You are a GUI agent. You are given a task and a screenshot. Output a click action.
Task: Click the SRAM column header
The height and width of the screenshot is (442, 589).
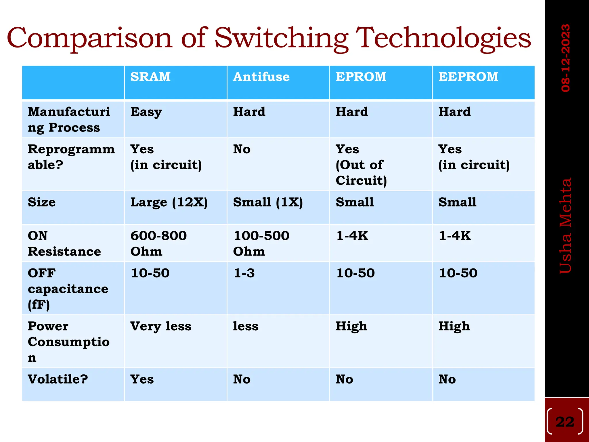pos(150,77)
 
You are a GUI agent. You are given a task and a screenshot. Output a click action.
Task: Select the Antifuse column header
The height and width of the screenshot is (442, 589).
pos(261,77)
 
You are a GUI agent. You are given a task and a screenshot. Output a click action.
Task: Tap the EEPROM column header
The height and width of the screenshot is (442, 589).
pos(468,77)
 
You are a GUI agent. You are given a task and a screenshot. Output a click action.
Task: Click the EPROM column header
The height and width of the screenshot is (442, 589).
pos(361,77)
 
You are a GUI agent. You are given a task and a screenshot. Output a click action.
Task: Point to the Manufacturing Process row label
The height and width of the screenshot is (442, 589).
pos(69,119)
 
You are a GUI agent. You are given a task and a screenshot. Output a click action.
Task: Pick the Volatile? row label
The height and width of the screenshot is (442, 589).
pos(58,379)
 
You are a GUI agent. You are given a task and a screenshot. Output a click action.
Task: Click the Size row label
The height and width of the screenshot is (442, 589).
pos(42,202)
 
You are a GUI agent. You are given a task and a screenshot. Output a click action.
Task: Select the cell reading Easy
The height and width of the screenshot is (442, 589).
pos(146,112)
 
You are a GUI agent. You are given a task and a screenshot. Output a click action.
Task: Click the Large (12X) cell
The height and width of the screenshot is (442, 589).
pos(169,202)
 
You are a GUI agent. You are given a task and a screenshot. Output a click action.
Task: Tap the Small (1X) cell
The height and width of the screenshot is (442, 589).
pos(268,202)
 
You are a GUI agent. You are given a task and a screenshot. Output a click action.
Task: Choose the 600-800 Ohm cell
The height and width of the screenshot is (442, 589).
pos(158,243)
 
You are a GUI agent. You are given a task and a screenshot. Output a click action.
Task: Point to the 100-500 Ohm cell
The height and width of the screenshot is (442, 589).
pos(261,243)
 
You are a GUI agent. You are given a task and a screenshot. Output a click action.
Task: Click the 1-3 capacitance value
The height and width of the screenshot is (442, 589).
pos(244,273)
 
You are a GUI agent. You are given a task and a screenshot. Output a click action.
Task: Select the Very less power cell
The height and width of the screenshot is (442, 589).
pos(161,326)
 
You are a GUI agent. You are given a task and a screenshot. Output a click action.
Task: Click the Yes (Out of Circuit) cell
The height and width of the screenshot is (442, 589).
pos(361,165)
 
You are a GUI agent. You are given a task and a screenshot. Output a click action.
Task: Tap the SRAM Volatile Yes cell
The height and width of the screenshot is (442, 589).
pos(142,379)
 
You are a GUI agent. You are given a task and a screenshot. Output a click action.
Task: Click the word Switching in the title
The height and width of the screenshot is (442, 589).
pos(281,38)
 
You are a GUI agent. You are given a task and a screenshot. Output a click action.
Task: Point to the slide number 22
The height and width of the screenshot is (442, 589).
pos(565,422)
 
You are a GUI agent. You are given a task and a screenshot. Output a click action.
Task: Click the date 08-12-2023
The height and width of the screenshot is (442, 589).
pos(565,58)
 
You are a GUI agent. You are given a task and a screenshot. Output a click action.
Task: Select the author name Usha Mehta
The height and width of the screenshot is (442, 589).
pos(565,226)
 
